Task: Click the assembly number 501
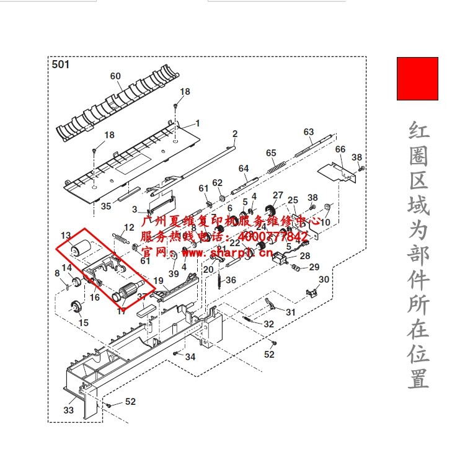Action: click(61, 64)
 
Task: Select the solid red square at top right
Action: click(417, 79)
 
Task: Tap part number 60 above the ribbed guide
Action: click(115, 76)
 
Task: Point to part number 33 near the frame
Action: click(68, 410)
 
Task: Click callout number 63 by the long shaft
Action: click(309, 132)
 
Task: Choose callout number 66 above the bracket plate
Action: click(340, 149)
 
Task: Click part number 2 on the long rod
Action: click(235, 134)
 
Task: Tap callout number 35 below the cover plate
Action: click(106, 206)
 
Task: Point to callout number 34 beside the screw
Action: click(190, 357)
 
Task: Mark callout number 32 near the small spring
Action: click(268, 324)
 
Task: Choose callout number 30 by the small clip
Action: click(324, 280)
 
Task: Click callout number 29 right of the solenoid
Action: click(314, 267)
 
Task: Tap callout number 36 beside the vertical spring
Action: click(231, 280)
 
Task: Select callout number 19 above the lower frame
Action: click(158, 281)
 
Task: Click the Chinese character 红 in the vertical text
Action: click(418, 131)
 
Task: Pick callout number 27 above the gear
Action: click(278, 195)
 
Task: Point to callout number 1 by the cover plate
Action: click(198, 123)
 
